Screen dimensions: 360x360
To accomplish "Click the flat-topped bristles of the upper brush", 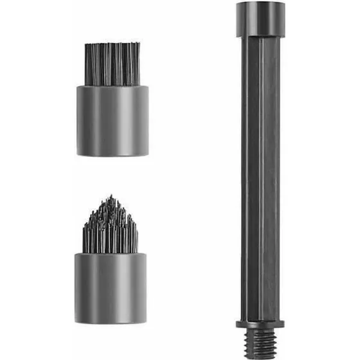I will (x=113, y=64).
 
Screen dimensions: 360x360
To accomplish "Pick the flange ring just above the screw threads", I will (x=260, y=323).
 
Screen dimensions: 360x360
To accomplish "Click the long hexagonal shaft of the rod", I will (x=260, y=174).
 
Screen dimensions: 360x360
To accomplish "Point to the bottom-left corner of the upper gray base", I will (x=78, y=154).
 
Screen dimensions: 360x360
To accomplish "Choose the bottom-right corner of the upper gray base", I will (x=148, y=154).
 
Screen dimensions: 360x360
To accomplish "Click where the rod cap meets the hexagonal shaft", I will (x=260, y=36).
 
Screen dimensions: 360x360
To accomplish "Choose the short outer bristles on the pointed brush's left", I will (x=86, y=238).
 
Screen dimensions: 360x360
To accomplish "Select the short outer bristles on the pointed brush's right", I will (x=135, y=238).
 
